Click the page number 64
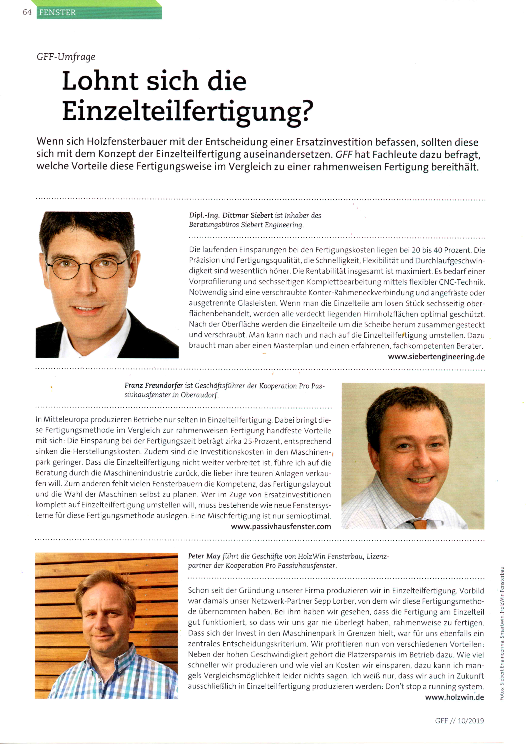(x=27, y=12)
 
